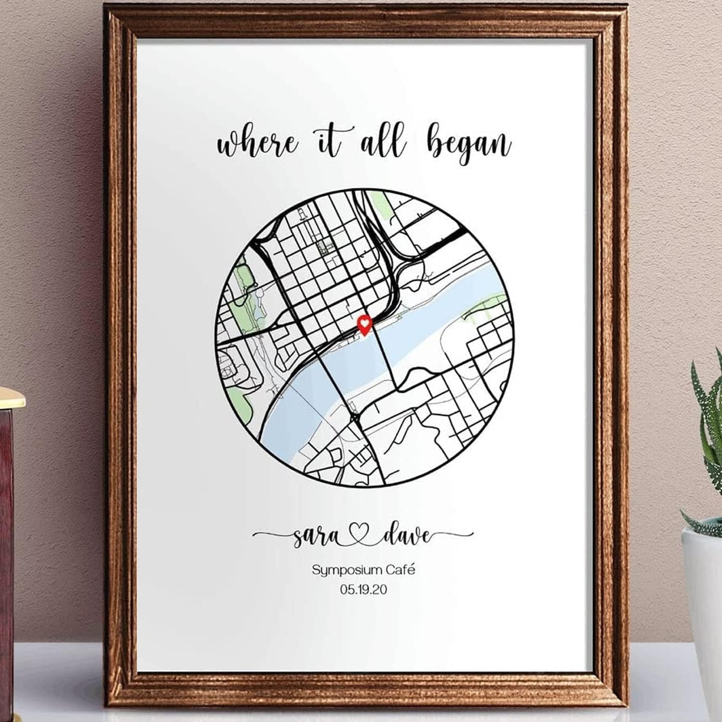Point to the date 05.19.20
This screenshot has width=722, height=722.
pos(363,589)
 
